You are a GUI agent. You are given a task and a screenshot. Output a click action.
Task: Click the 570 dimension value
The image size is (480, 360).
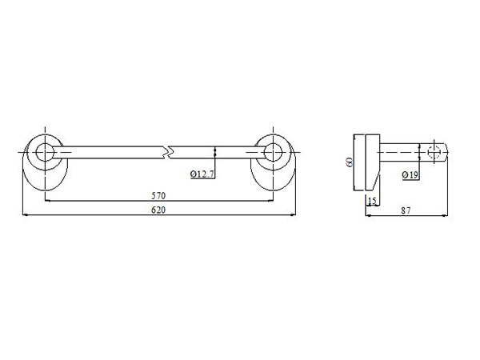[x=158, y=195]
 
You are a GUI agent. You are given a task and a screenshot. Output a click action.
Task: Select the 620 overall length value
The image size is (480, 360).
[x=158, y=210]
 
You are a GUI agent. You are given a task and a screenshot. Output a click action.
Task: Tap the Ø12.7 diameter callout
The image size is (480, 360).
[x=202, y=174]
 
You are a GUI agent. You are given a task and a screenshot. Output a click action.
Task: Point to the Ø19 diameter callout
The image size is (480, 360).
[x=410, y=174]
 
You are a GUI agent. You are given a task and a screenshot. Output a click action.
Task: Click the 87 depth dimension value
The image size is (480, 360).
[x=406, y=210]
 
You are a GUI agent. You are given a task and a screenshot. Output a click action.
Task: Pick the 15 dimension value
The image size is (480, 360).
[x=372, y=201]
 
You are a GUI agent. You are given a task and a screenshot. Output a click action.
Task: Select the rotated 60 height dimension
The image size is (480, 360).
[x=350, y=162]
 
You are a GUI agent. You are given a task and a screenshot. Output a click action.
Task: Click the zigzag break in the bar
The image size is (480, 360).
[x=168, y=152]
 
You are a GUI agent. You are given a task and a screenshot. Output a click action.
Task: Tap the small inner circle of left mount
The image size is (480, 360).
[x=45, y=152]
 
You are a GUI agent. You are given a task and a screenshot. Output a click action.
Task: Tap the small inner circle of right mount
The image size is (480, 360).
[x=273, y=152]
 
